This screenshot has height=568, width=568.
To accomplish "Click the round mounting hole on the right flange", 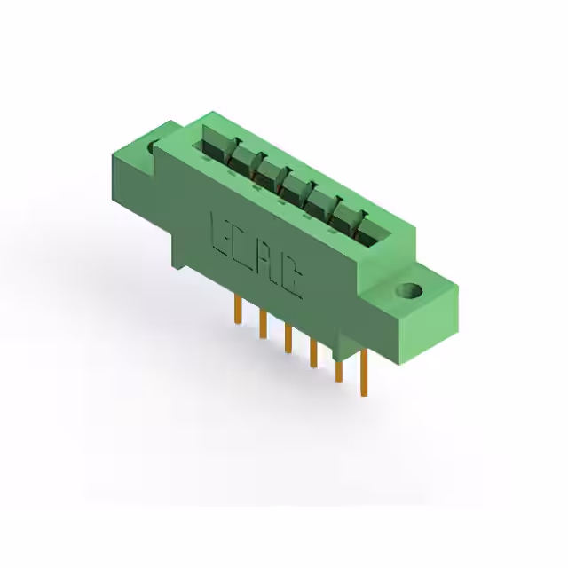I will click(411, 290).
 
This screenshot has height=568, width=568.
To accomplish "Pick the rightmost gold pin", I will click(364, 373).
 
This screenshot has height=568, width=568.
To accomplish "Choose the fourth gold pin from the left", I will click(313, 352).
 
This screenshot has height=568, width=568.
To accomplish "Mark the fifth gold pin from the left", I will click(338, 366).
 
